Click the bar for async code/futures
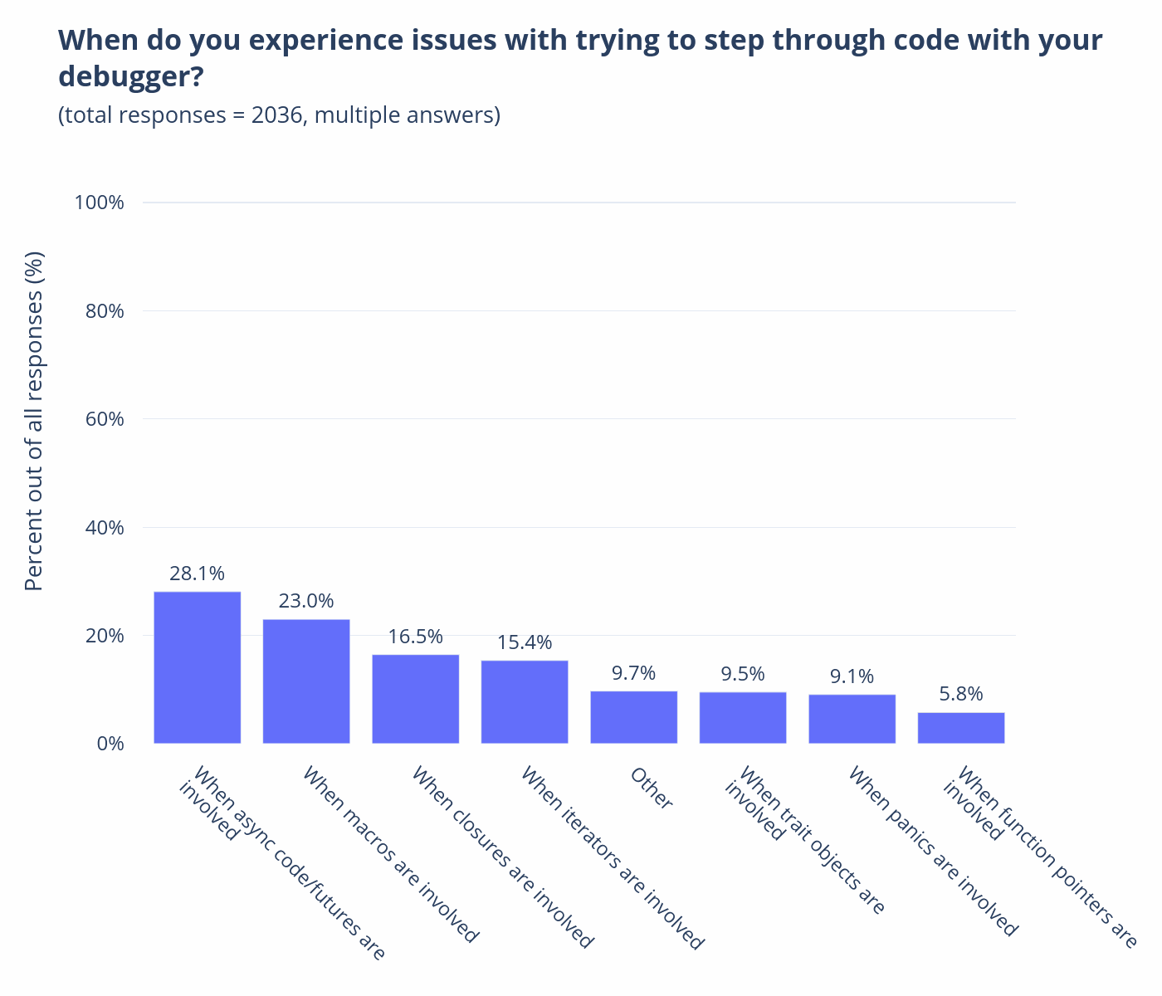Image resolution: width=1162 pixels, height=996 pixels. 197,667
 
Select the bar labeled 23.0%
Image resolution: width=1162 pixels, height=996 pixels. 306,681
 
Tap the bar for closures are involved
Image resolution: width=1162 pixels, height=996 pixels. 416,699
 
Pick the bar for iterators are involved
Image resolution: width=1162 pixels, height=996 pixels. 525,702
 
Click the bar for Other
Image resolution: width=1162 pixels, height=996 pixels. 633,717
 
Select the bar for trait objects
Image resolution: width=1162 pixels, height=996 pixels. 743,718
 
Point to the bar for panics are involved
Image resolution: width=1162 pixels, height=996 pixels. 852,719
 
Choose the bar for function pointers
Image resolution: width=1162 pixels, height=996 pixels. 961,728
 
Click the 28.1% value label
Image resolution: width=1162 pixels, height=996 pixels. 197,574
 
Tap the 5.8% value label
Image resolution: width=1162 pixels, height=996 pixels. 961,694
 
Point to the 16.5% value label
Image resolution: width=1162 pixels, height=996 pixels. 416,637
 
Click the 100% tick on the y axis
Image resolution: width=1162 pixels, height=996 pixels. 99,203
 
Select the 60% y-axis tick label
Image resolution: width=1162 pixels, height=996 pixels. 105,419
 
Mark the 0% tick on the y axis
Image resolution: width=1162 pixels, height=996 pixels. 110,744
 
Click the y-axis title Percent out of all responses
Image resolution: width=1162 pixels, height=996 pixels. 34,421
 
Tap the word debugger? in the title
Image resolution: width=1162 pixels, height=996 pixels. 130,76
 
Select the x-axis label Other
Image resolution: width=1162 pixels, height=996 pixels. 651,788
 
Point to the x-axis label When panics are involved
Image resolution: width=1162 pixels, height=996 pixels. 933,852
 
